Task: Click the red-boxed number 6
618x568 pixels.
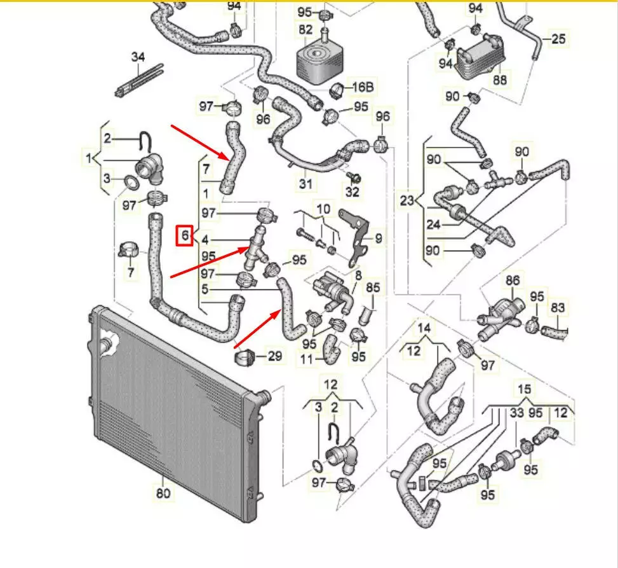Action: [x=185, y=236]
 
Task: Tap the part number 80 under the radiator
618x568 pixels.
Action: [x=163, y=493]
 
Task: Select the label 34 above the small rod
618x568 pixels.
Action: [x=138, y=57]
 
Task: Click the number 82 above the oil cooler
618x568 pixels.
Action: [x=306, y=29]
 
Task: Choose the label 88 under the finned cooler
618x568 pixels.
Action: [x=500, y=80]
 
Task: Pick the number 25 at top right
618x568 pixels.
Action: [x=558, y=39]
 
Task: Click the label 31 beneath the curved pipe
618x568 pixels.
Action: [x=306, y=184]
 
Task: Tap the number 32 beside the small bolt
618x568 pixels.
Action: [x=353, y=191]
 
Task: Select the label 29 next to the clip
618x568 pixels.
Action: [x=274, y=356]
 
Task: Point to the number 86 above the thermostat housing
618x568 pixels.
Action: [x=512, y=280]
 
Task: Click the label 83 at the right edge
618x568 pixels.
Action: [x=557, y=308]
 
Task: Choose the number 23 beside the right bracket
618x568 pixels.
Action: [x=407, y=201]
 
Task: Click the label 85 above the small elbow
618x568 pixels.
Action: [x=372, y=287]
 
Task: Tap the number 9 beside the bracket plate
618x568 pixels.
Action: [x=378, y=239]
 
